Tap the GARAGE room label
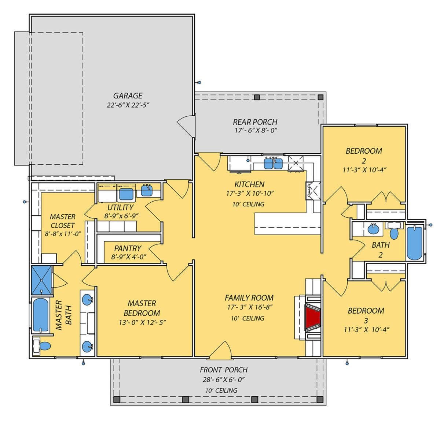[x=128, y=96]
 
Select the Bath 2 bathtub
[x=414, y=243]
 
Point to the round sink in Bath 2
[x=374, y=229]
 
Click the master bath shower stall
[x=41, y=280]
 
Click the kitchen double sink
[x=273, y=164]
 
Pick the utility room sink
[x=147, y=191]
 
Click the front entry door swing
[x=220, y=350]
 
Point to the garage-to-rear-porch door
[x=186, y=126]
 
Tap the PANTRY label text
[x=128, y=248]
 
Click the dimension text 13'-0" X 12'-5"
[x=142, y=323]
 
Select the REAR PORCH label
[x=255, y=122]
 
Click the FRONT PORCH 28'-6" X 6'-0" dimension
[x=224, y=380]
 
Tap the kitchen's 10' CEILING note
[x=248, y=204]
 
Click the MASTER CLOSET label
[x=62, y=221]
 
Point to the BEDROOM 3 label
[x=366, y=315]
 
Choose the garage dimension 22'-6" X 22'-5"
[x=128, y=105]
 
